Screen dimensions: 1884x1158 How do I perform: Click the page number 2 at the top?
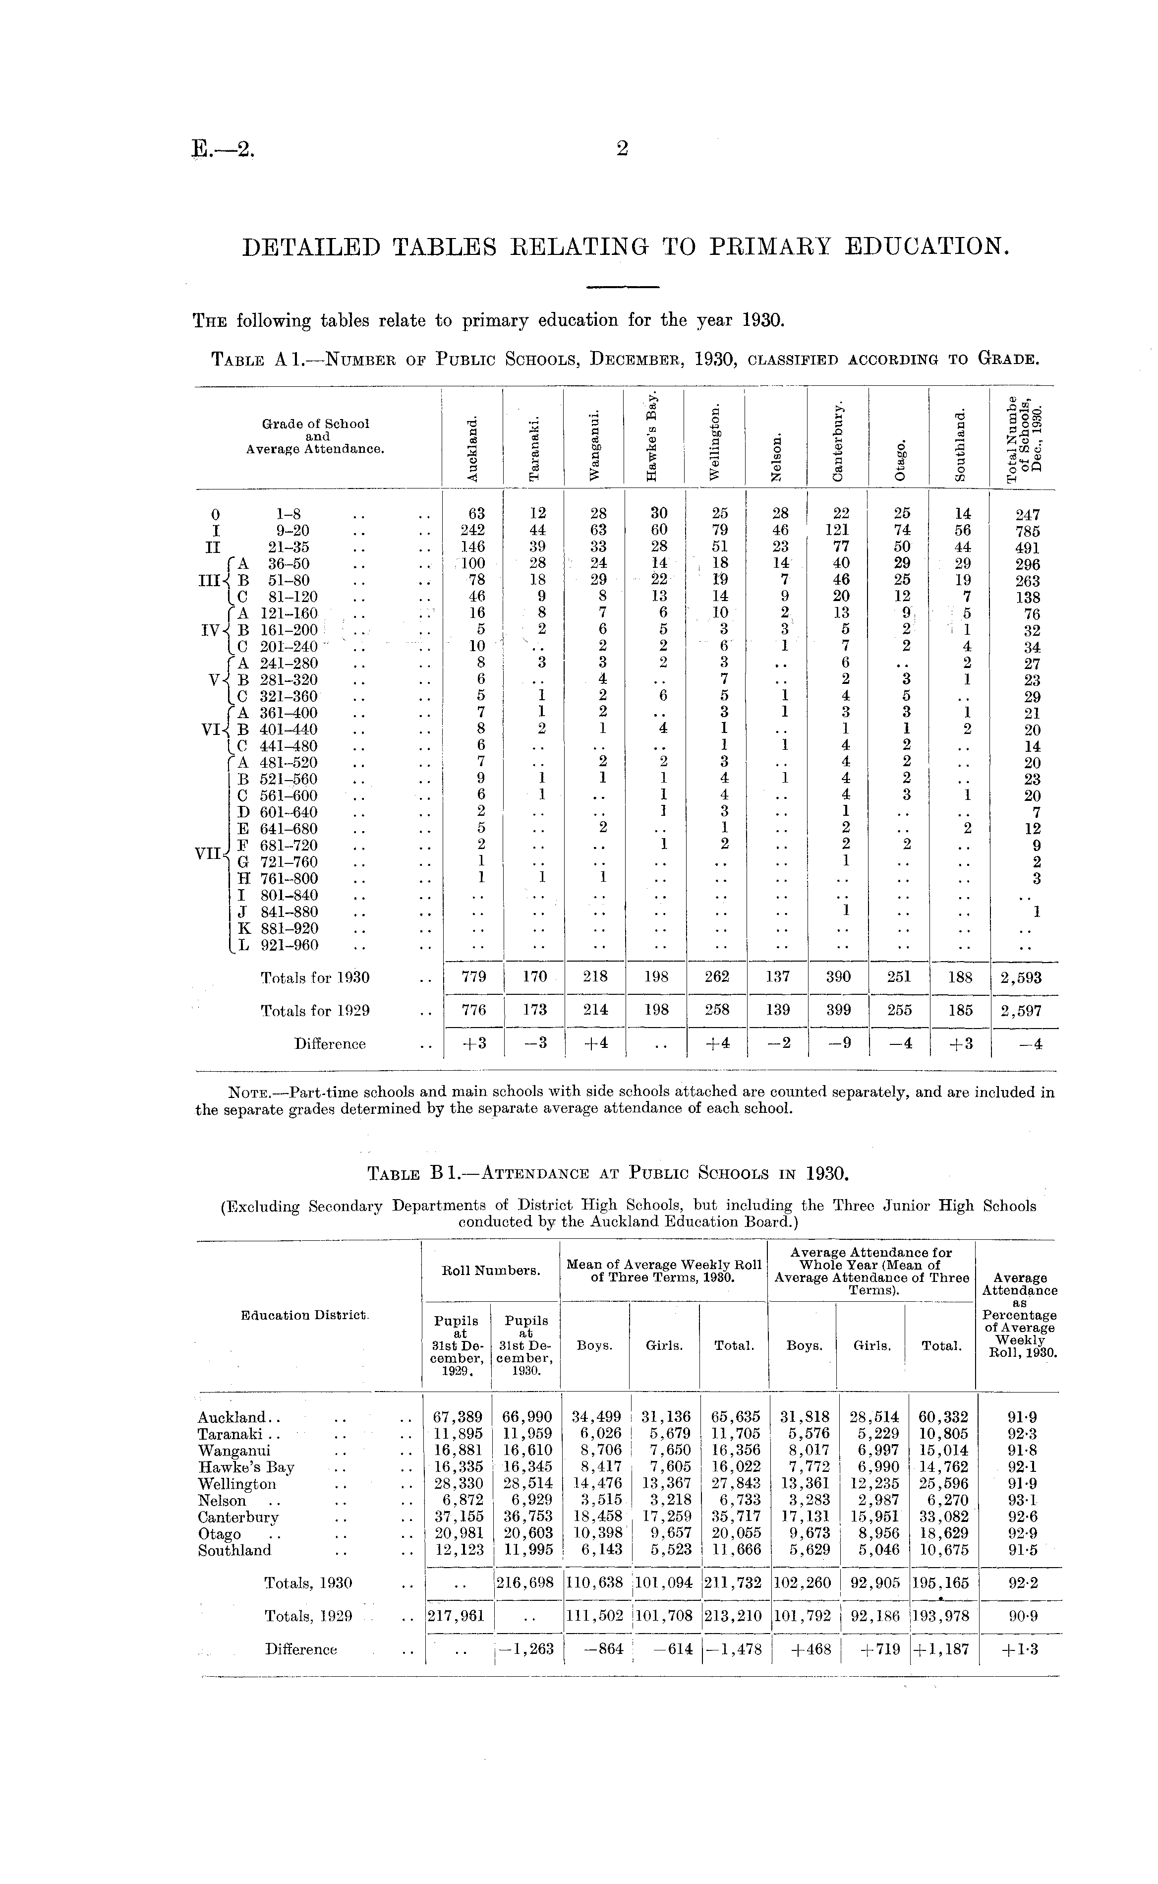[x=621, y=149]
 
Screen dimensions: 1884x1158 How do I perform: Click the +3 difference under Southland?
[x=960, y=1043]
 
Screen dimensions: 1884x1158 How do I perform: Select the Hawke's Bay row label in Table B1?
[x=246, y=1466]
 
